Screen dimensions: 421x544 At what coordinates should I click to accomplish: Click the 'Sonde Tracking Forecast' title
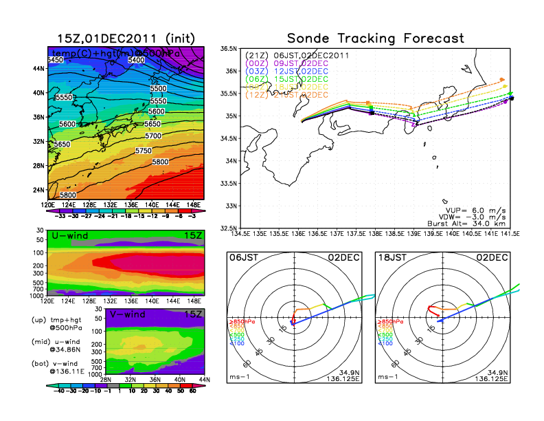pos(375,38)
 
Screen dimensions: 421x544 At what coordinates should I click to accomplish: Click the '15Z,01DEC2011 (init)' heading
pos(125,38)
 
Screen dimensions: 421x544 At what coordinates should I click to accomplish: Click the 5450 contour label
pos(56,61)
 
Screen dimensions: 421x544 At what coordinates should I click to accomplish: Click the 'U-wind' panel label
pos(69,236)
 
